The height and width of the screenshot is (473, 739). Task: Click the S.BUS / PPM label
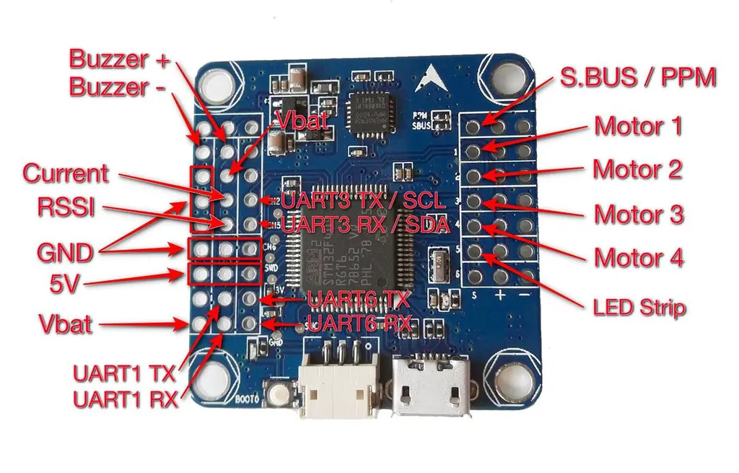pos(638,77)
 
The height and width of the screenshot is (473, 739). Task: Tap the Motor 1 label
pos(638,126)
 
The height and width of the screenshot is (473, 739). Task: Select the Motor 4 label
pos(638,257)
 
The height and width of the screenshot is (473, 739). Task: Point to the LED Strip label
pos(639,308)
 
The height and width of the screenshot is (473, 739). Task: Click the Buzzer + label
pos(119,58)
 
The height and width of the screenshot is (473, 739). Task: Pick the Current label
pos(66,173)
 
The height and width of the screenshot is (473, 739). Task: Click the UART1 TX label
pos(123,374)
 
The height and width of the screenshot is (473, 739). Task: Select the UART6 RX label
pos(359,322)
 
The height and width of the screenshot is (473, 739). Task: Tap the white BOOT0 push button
pos(278,395)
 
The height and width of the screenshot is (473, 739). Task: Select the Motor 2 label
pos(637,170)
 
